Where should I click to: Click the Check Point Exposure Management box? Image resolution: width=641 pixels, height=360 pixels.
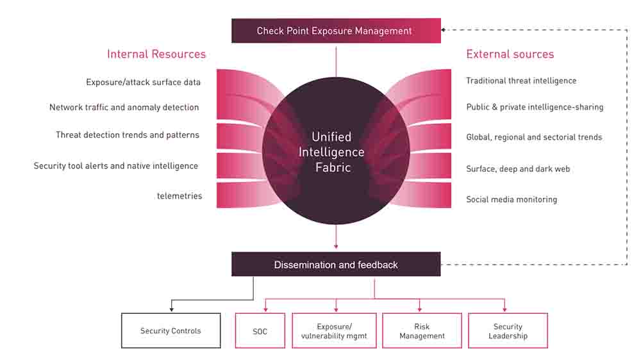click(x=336, y=31)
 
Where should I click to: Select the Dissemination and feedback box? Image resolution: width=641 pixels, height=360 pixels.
click(x=336, y=265)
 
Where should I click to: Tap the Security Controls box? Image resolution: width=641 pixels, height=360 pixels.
click(x=171, y=331)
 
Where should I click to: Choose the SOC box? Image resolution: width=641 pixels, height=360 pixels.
click(x=260, y=331)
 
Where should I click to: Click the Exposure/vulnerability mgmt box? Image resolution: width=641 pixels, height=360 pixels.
click(x=335, y=331)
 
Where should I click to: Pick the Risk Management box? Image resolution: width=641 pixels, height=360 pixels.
click(x=422, y=331)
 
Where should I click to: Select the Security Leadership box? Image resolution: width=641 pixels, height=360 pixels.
click(x=508, y=331)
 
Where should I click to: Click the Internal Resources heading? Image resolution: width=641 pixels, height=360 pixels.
click(x=156, y=54)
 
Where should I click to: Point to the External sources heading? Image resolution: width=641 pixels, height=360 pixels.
click(x=510, y=54)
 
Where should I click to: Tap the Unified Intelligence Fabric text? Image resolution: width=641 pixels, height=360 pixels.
click(x=331, y=152)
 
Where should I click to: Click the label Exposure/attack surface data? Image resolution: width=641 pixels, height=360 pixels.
click(x=143, y=82)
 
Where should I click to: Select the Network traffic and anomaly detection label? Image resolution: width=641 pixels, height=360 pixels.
click(x=124, y=107)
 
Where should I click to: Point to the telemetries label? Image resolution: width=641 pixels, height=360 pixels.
click(x=179, y=196)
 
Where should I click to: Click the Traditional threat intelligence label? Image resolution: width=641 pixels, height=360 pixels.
click(x=521, y=81)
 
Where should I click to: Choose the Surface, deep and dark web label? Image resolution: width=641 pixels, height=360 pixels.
click(x=518, y=169)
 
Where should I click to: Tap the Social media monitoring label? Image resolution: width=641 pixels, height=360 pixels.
click(x=512, y=199)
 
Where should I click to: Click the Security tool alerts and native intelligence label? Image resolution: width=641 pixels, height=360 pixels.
click(x=116, y=166)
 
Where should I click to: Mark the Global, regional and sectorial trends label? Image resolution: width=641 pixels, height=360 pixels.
click(x=534, y=137)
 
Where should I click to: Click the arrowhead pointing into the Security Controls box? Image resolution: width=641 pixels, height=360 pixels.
click(x=171, y=310)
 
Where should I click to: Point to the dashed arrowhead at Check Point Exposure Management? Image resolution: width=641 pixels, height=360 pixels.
click(x=444, y=29)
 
